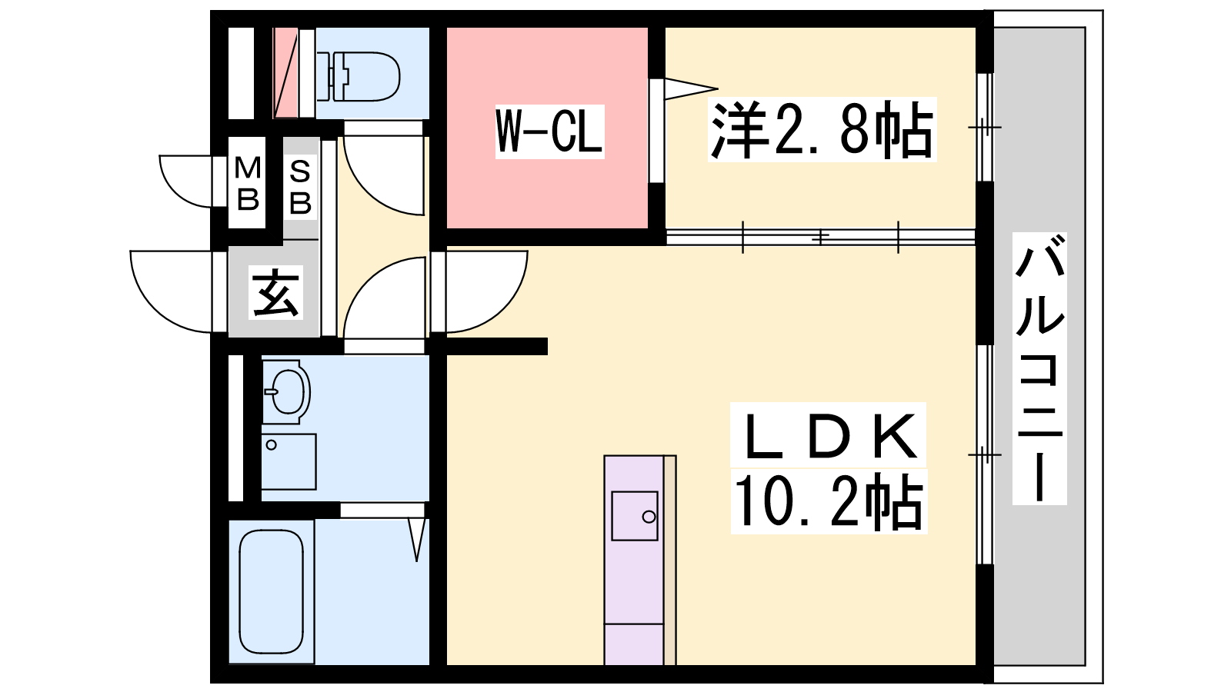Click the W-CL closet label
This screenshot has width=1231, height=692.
[549, 132]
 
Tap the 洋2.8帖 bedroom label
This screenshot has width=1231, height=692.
[821, 129]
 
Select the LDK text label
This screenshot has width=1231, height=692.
[829, 436]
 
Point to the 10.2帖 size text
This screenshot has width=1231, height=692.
[829, 501]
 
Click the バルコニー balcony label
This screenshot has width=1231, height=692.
[1039, 369]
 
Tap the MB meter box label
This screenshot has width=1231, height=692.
[247, 183]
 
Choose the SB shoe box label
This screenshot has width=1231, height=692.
[300, 188]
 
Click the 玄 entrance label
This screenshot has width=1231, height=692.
[275, 293]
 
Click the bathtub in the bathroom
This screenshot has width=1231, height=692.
[272, 591]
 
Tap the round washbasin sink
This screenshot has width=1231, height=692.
[286, 392]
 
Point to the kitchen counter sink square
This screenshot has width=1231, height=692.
[635, 516]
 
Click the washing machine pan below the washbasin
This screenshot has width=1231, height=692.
[289, 461]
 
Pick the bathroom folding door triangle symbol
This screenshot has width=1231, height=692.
[417, 538]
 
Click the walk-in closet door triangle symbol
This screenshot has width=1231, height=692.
[687, 87]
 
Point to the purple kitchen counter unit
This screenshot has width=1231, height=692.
[634, 561]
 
